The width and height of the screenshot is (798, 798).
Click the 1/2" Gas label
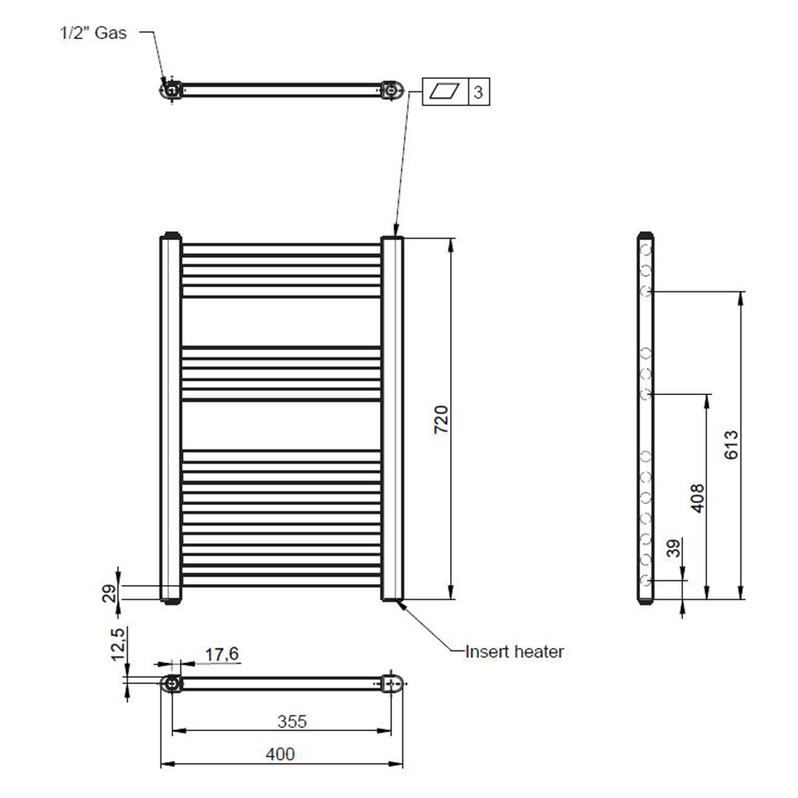click(x=93, y=33)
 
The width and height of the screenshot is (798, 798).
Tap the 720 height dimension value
click(x=441, y=420)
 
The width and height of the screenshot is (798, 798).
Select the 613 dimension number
click(x=731, y=444)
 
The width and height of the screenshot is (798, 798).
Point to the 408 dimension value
click(x=697, y=498)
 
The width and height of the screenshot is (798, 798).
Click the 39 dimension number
click(x=673, y=548)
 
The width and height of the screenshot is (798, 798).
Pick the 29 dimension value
click(x=109, y=594)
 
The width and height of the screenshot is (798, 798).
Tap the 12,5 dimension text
click(x=117, y=644)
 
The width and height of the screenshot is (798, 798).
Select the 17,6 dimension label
click(x=222, y=654)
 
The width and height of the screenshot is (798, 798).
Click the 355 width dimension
click(x=292, y=721)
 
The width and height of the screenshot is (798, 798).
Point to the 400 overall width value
click(x=280, y=754)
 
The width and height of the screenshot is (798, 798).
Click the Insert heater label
click(x=515, y=651)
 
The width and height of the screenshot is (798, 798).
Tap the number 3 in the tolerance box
click(x=478, y=92)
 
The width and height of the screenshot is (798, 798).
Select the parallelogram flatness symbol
click(x=444, y=92)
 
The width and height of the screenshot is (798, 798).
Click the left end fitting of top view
click(x=171, y=90)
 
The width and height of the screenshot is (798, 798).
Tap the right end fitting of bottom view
click(x=392, y=684)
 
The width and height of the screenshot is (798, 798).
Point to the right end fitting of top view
click(x=392, y=90)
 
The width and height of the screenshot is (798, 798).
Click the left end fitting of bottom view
click(x=172, y=684)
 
